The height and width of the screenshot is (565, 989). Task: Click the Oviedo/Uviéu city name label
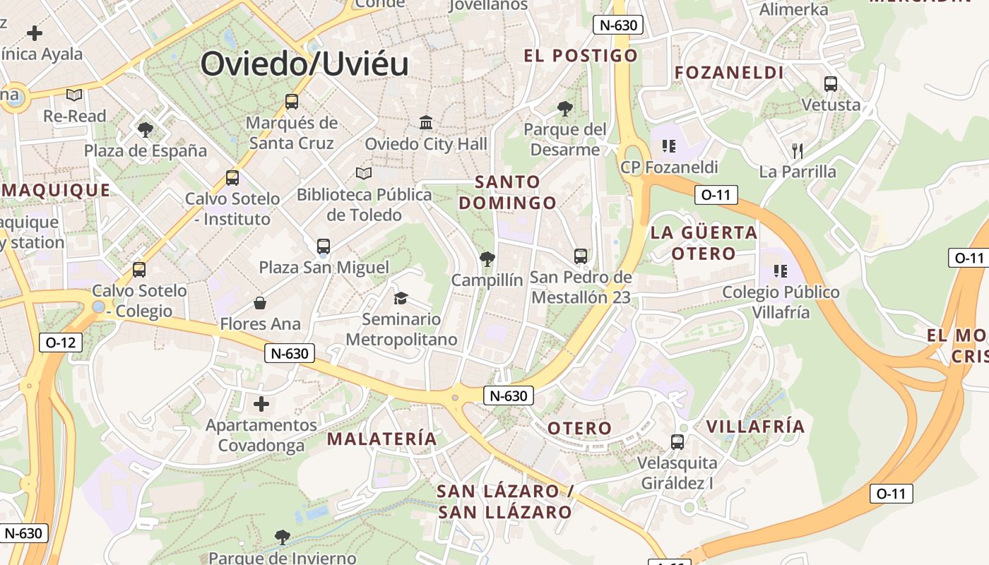point(304,64)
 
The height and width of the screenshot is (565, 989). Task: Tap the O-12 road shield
point(60,343)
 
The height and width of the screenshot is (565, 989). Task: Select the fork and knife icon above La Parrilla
point(798,150)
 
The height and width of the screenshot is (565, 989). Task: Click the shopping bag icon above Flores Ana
point(260,303)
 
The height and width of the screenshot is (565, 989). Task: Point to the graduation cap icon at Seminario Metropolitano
point(401,298)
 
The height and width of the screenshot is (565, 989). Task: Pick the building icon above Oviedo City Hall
point(426,123)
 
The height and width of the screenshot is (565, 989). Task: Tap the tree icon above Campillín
point(487,259)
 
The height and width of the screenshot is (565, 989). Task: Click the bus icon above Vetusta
point(831,84)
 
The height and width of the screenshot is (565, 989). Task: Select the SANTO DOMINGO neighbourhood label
point(507,192)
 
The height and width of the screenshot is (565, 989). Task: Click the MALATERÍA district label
point(382,439)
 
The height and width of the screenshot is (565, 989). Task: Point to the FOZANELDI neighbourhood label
point(729,73)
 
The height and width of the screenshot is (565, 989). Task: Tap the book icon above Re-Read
point(74,95)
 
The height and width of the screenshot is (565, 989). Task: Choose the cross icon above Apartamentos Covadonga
point(261,404)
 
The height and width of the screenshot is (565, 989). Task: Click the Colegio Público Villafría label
point(781,302)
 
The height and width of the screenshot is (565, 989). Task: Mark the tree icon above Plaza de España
point(146,129)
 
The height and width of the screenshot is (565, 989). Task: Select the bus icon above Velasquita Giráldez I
point(677,442)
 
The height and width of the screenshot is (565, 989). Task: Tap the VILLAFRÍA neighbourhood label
point(755,427)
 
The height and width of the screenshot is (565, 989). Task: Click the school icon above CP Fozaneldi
point(668,146)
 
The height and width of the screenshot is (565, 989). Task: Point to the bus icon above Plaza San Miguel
point(324,246)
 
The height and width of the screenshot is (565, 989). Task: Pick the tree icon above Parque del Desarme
point(564,109)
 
